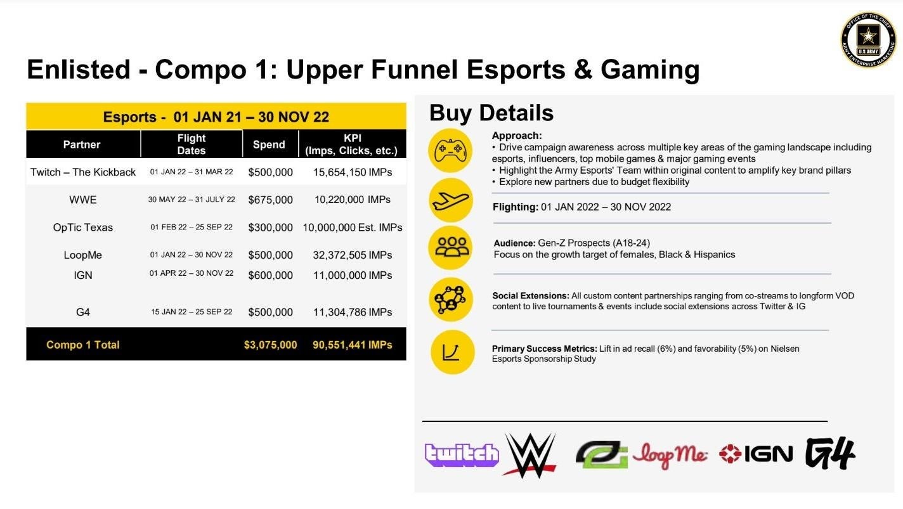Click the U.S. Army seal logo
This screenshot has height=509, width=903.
(x=868, y=39)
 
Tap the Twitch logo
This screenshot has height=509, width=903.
(x=462, y=455)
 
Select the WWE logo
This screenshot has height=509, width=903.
(x=529, y=455)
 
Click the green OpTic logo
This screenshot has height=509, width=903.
(x=602, y=454)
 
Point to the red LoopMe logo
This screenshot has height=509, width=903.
(x=670, y=455)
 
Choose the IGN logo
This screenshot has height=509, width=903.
(x=756, y=454)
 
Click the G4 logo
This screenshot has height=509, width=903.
(x=830, y=453)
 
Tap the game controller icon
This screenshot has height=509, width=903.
(x=450, y=151)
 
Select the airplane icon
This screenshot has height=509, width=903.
(x=451, y=200)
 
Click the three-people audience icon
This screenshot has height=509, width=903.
(x=451, y=247)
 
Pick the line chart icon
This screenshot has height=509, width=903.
(x=452, y=352)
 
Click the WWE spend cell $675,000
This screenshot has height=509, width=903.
(x=271, y=200)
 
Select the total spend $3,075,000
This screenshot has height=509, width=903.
(x=271, y=345)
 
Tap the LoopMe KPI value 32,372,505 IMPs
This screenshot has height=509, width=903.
(x=353, y=255)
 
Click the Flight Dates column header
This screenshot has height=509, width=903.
(x=192, y=145)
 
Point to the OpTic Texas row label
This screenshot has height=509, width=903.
(x=83, y=228)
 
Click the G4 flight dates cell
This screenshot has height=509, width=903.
(x=192, y=312)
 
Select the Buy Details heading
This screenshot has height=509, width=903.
(x=491, y=113)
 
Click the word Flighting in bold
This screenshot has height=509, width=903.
(x=516, y=207)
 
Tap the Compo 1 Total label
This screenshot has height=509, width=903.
(x=83, y=345)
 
